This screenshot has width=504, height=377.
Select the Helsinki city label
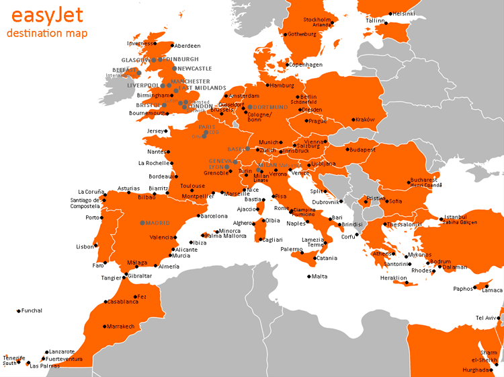[404, 13]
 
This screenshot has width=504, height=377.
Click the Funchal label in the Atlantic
[32, 310]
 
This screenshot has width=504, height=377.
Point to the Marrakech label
[121, 327]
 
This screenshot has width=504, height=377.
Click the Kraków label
[364, 120]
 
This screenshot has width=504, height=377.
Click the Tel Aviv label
[487, 318]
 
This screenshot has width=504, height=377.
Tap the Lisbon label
[85, 246]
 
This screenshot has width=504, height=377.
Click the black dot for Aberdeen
[171, 46]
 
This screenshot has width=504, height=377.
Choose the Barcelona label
[214, 216]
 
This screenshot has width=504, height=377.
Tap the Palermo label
[292, 249]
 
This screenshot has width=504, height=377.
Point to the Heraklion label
[394, 278]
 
